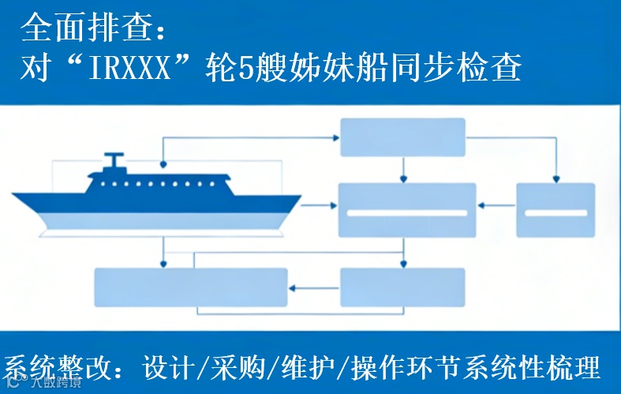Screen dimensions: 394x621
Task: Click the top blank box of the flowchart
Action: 402,137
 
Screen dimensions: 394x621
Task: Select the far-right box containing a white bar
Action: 556,210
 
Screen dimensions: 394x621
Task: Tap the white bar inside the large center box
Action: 407,212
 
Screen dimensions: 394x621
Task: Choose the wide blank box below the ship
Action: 190,287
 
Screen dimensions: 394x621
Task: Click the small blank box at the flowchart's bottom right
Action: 402,287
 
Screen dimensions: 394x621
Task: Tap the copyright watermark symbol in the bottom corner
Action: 13,385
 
